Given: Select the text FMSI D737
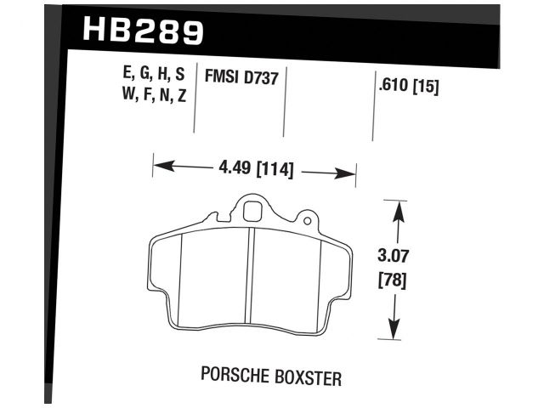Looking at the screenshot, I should coord(241,77).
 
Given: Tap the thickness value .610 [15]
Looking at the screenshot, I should coord(406,86).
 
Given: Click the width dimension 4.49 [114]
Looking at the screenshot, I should coord(253,169).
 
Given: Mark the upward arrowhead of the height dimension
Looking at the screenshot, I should coord(395,208).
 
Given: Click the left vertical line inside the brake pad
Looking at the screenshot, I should coord(184,280).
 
